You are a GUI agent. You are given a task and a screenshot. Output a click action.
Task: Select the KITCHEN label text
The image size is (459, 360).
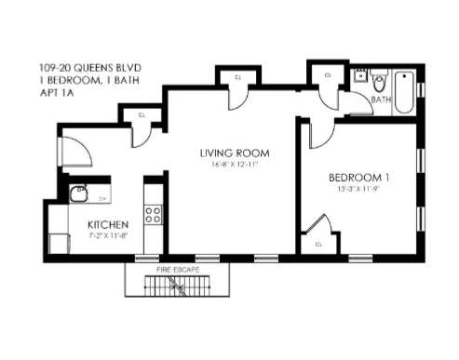tap(108, 225)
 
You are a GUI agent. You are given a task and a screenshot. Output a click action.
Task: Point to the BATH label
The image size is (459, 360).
tap(381, 99)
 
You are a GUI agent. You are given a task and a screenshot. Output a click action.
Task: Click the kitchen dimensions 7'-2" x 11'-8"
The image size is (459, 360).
tap(108, 236)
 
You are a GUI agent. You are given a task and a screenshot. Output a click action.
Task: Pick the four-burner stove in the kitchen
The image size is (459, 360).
tap(153, 217)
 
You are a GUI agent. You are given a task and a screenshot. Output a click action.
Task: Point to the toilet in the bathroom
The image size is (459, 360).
tap(380, 81)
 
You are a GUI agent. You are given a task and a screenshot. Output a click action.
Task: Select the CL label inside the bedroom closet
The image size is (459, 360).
tap(318, 244)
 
